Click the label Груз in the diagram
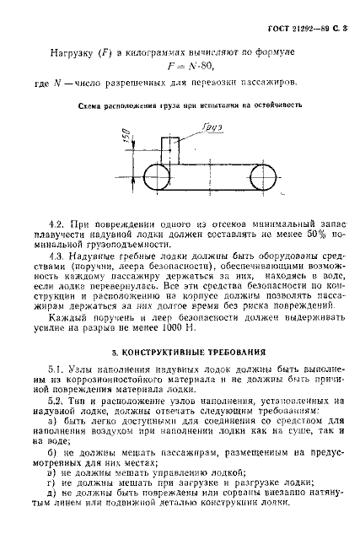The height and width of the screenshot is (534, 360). click(x=210, y=127)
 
